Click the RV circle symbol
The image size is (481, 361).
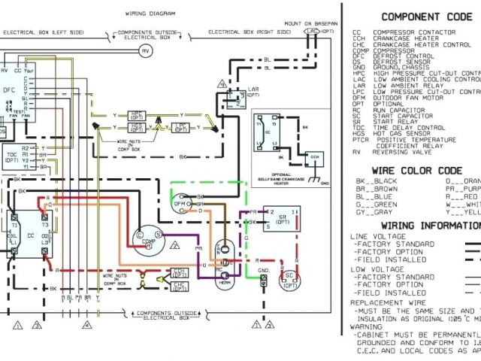[146, 50]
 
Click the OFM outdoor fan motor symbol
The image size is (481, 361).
[180, 201]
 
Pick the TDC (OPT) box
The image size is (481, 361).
[12, 157]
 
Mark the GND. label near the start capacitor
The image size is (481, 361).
[261, 268]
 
